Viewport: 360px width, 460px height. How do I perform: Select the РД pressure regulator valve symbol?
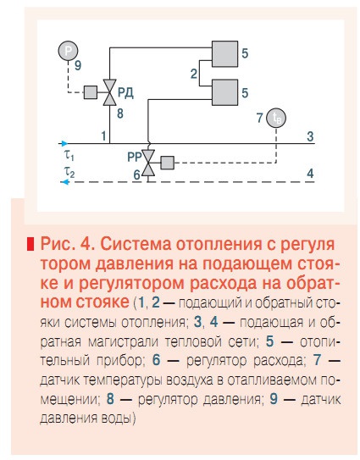[x=109, y=91]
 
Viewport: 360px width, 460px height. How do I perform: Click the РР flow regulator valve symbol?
[x=148, y=161]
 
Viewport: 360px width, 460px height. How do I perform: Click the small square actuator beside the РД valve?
[x=89, y=91]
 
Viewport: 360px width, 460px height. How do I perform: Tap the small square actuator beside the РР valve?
[x=167, y=161]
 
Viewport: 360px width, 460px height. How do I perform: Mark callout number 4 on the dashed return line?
[x=310, y=174]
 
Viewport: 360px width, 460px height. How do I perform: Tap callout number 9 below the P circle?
[x=78, y=64]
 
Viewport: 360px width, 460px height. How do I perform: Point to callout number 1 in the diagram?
[x=103, y=136]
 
